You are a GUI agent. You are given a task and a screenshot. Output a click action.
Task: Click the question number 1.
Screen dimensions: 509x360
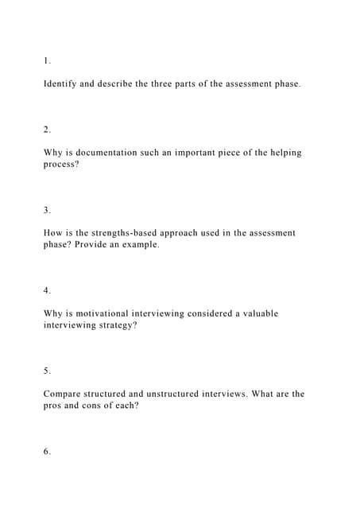coord(47,60)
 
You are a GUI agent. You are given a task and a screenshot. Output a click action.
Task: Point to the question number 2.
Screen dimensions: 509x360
coord(47,130)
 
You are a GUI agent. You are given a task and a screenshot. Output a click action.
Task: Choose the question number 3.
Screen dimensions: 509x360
coord(47,210)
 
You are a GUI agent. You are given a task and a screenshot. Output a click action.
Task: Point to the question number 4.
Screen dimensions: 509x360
coord(47,290)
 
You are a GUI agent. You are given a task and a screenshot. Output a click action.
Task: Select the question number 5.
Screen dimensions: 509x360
coord(47,371)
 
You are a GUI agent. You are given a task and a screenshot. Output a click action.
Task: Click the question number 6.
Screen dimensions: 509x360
coord(47,451)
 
